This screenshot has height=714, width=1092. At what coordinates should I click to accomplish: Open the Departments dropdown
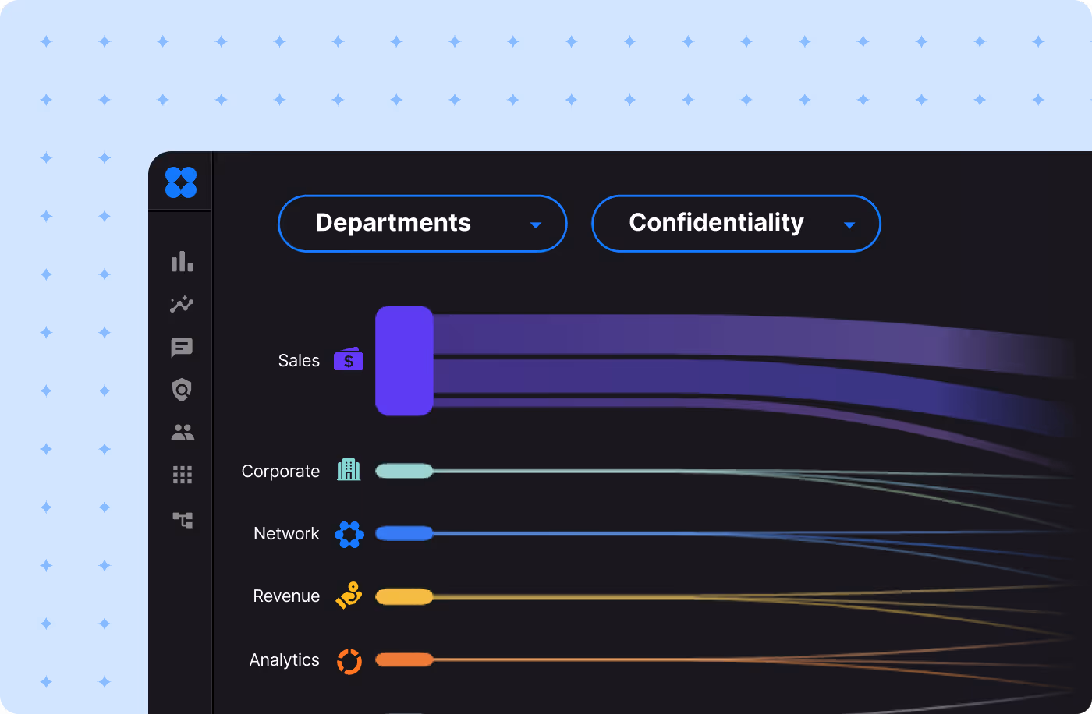click(x=422, y=224)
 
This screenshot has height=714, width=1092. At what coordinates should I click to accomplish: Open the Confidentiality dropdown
click(x=736, y=224)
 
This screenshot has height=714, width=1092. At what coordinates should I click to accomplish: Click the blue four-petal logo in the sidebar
click(x=181, y=182)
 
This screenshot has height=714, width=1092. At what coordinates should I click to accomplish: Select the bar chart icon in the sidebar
click(x=182, y=262)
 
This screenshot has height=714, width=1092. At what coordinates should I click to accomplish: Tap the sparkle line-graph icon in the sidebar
click(x=182, y=304)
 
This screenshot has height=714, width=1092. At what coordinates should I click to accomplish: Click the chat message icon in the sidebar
click(x=182, y=348)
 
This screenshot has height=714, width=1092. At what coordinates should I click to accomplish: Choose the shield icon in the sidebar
click(x=182, y=390)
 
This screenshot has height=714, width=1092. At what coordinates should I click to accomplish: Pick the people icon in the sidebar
click(x=183, y=432)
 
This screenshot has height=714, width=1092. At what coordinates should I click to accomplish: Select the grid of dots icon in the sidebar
click(x=183, y=475)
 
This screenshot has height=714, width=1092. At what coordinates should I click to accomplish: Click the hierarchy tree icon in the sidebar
click(x=183, y=520)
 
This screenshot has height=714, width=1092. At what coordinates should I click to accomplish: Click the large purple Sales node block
click(x=404, y=360)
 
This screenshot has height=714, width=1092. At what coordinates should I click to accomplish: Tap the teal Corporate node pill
click(x=404, y=471)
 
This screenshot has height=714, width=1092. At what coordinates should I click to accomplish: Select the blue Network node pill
click(x=404, y=533)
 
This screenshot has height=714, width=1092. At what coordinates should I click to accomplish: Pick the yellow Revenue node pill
click(x=404, y=596)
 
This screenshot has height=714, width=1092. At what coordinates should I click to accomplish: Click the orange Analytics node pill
click(x=404, y=659)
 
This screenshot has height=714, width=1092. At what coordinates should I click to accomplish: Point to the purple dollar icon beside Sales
click(x=349, y=359)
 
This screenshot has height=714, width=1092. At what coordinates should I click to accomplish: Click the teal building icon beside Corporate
click(x=349, y=469)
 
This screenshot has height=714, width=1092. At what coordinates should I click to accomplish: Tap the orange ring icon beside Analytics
click(x=349, y=661)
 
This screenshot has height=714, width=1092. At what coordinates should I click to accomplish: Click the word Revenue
click(x=286, y=596)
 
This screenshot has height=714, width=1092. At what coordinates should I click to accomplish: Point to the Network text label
click(x=286, y=534)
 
